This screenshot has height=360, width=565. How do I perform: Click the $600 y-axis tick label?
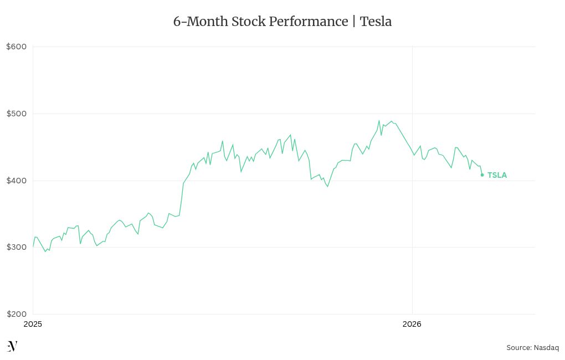pos(16,47)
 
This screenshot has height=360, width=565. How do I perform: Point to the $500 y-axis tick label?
pos(16,114)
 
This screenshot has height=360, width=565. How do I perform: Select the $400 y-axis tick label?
pos(16,181)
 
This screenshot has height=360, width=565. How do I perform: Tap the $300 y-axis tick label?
pos(16,247)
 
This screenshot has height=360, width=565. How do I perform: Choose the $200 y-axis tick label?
pos(16,314)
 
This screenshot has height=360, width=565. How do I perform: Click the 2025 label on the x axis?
pos(33,324)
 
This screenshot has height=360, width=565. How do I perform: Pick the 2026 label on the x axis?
pos(412,324)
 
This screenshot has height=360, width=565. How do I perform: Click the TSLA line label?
pos(497,175)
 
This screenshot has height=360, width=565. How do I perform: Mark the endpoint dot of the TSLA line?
pos(482,175)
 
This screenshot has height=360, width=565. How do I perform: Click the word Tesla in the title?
pos(376,22)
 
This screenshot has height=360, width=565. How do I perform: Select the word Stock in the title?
pos(249,22)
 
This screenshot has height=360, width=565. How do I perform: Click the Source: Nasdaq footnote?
pos(532,348)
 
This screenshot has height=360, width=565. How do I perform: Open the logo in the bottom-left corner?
pos(12,347)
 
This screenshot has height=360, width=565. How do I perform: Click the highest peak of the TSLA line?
pos(379,121)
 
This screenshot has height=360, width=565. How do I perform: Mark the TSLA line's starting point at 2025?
pos(33,246)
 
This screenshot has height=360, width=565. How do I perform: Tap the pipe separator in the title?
pos(353,22)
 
